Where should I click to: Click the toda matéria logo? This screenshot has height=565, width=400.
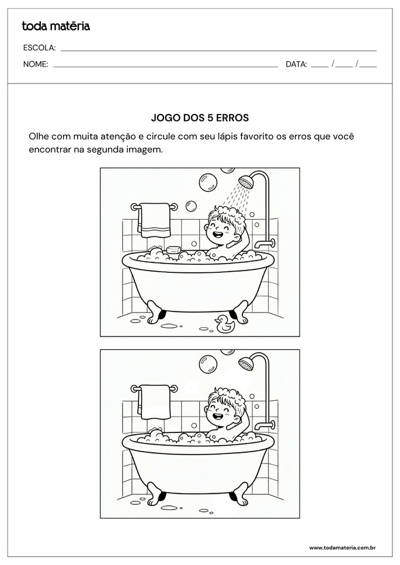point(56,26)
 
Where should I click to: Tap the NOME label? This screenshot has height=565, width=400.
point(35,64)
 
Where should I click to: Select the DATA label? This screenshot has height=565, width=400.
point(296,64)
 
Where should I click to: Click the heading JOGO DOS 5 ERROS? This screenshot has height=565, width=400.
point(200,117)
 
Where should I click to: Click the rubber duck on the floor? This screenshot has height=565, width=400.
point(224,323)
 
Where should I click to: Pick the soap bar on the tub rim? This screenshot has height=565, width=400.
point(173,249)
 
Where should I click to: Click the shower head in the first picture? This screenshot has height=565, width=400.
point(246,181)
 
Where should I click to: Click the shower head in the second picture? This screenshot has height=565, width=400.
point(246,363)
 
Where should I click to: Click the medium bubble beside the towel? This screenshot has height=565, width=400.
point(192,206)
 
